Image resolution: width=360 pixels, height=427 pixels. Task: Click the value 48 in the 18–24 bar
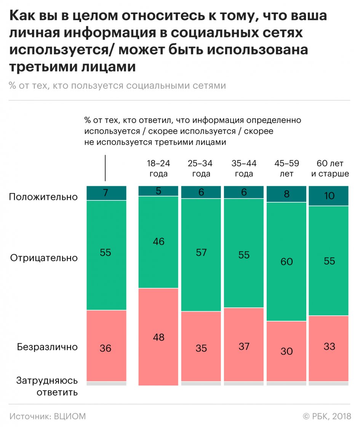pyautogui.click(x=158, y=337)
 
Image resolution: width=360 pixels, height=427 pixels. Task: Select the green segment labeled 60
pyautogui.click(x=286, y=262)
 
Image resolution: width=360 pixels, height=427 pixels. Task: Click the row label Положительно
pyautogui.click(x=43, y=197)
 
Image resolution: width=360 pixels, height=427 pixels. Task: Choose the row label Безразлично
pyautogui.click(x=47, y=347)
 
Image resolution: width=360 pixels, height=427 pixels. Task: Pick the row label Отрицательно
pyautogui.click(x=44, y=258)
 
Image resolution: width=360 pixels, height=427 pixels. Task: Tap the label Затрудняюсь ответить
pyautogui.click(x=47, y=386)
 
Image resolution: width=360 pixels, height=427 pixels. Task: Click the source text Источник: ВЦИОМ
pyautogui.click(x=48, y=416)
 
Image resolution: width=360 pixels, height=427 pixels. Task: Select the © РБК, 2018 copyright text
pyautogui.click(x=326, y=416)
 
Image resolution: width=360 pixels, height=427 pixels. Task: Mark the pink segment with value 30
pyautogui.click(x=286, y=351)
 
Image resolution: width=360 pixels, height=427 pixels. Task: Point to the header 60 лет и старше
pyautogui.click(x=330, y=168)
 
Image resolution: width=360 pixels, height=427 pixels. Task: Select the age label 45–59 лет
pyautogui.click(x=286, y=168)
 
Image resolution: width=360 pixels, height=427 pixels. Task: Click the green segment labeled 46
pyautogui.click(x=158, y=241)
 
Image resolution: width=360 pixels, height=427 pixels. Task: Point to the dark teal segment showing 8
pyautogui.click(x=286, y=194)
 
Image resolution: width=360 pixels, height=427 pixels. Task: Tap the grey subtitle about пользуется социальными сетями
pyautogui.click(x=117, y=85)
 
